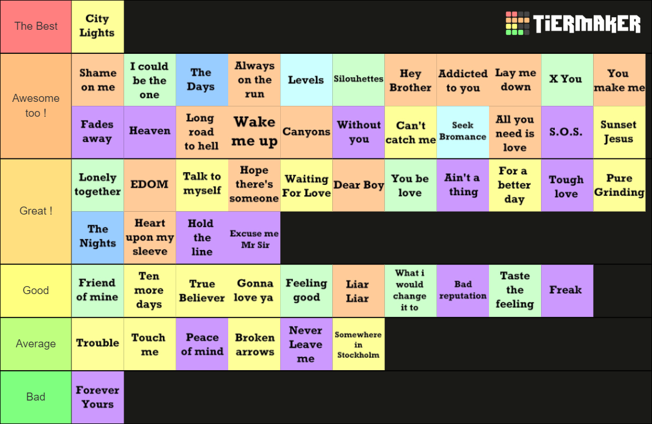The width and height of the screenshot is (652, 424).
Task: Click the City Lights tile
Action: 98,26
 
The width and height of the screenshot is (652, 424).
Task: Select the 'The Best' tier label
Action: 36,26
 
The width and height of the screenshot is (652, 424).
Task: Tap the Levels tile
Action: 307,80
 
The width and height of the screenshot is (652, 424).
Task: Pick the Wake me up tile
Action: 255,132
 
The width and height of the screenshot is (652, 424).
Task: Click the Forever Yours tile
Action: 98,397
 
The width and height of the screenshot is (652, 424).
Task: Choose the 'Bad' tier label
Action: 36,397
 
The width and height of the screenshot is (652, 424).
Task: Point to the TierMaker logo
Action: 573,23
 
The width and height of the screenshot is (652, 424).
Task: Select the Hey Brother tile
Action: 411,80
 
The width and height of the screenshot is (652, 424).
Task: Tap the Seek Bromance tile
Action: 463,132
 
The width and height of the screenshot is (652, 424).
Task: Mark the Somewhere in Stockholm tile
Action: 359,344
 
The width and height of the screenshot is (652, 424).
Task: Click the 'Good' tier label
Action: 36,291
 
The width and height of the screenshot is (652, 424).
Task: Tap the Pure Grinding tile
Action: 619,185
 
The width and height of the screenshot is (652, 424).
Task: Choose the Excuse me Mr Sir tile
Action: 255,237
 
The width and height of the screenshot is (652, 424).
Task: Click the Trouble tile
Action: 98,344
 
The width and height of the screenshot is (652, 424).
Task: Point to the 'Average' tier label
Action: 36,344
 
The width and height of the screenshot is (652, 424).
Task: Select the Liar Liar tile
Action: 359,291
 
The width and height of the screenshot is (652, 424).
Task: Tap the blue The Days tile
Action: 202,80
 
